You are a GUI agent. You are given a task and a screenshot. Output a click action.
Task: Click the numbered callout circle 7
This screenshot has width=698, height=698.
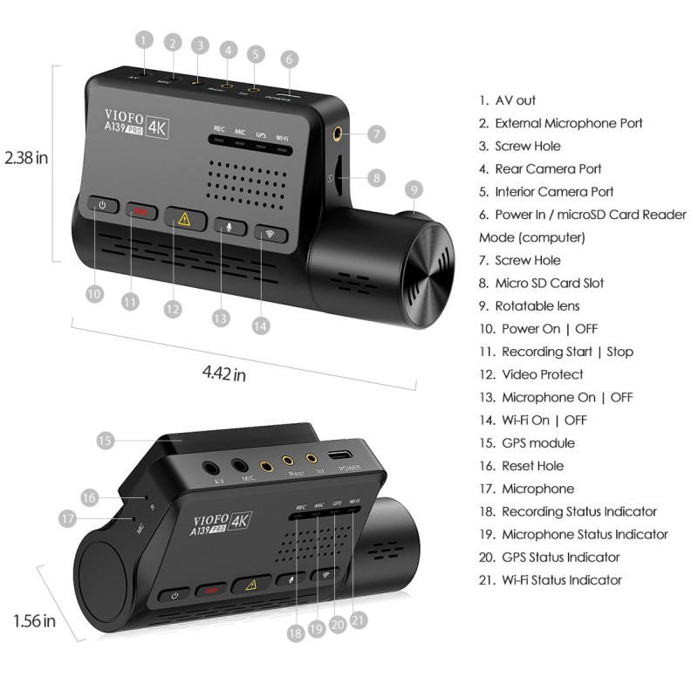click(x=376, y=134)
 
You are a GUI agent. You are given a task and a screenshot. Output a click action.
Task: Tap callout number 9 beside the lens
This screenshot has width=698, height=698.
click(x=414, y=188)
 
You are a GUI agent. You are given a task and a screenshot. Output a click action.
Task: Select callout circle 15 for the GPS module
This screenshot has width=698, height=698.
click(x=106, y=441)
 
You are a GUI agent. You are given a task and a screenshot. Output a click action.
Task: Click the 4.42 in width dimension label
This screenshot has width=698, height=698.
click(x=223, y=373)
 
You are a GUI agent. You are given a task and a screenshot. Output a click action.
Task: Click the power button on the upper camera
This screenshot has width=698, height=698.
click(x=103, y=206)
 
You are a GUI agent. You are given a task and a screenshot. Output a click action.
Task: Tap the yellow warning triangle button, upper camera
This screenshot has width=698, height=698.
click(x=184, y=219)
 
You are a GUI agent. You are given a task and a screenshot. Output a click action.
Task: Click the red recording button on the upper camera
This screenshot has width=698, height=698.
click(x=140, y=211)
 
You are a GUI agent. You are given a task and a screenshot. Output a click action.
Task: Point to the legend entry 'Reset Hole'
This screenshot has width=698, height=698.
click(x=531, y=466)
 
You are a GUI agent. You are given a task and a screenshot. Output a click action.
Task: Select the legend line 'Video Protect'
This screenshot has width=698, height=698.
click(x=542, y=374)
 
